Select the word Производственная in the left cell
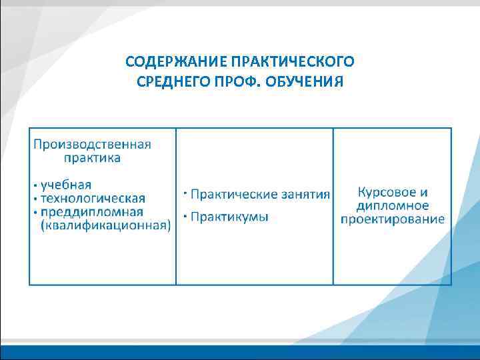(92, 144)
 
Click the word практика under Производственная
(92, 158)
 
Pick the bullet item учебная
(66, 185)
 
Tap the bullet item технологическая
(93, 198)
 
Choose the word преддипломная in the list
(92, 212)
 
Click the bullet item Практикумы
(229, 217)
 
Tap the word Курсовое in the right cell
(383, 191)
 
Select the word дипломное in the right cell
(393, 205)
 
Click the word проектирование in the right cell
(393, 219)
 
